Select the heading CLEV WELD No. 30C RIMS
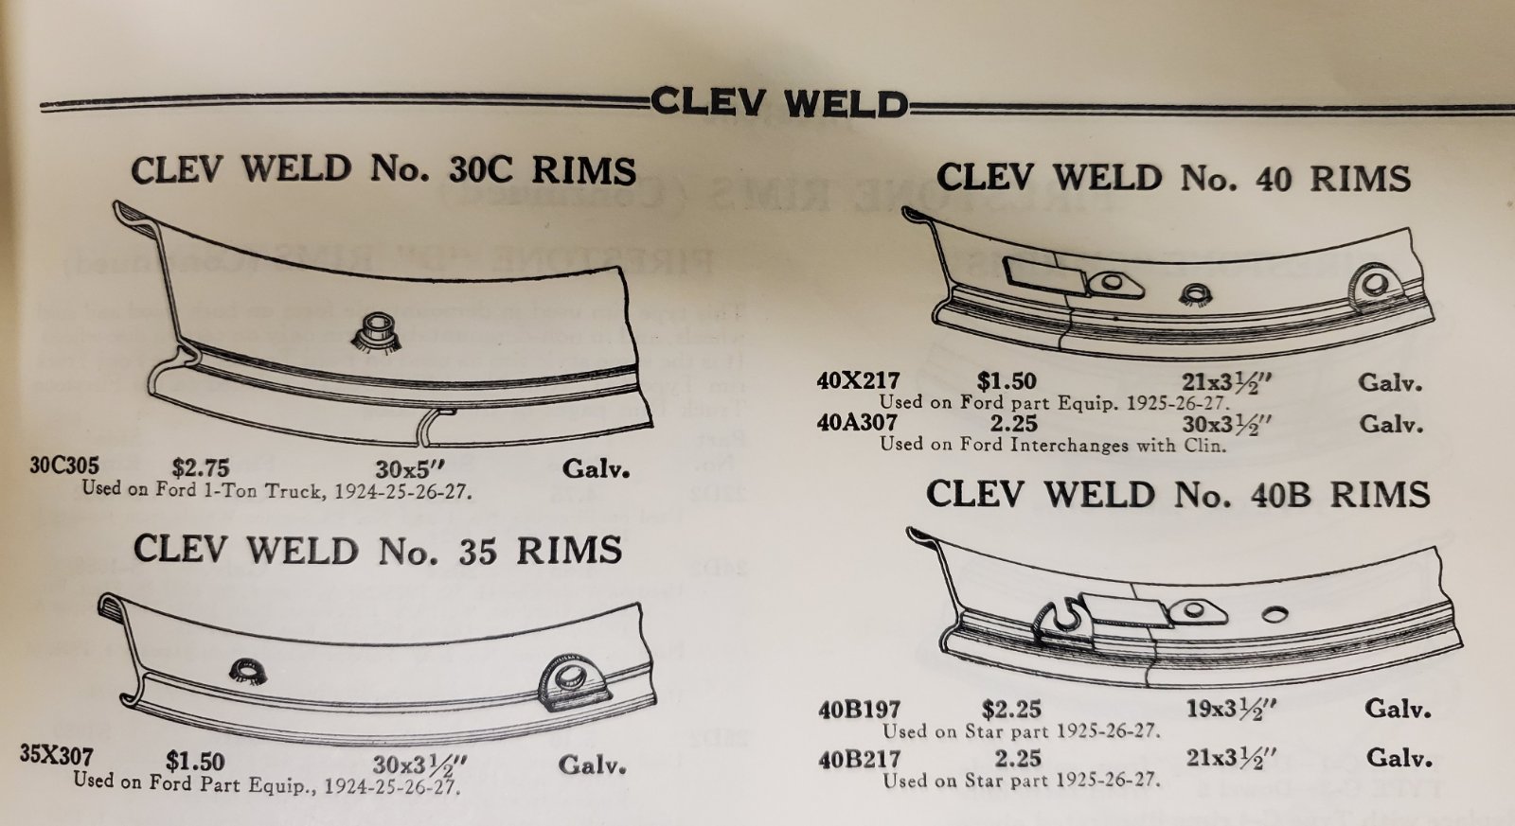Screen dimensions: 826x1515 pyautogui.click(x=383, y=170)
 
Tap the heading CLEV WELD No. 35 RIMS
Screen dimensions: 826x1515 pyautogui.click(x=378, y=550)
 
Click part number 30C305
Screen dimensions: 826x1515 pyautogui.click(x=64, y=466)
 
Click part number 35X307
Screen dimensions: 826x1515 pyautogui.click(x=56, y=757)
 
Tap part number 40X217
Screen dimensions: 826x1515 pyautogui.click(x=859, y=381)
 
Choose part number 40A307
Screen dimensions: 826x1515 pyautogui.click(x=857, y=422)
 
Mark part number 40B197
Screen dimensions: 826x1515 pyautogui.click(x=859, y=709)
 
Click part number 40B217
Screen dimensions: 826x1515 pyautogui.click(x=859, y=759)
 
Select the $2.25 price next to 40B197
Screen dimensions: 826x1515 pyautogui.click(x=1011, y=709)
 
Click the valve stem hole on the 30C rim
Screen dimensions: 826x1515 pyautogui.click(x=373, y=330)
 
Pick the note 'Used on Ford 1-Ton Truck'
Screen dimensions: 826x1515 pyautogui.click(x=276, y=491)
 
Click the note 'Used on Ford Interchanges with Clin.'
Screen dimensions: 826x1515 pyautogui.click(x=1053, y=444)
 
